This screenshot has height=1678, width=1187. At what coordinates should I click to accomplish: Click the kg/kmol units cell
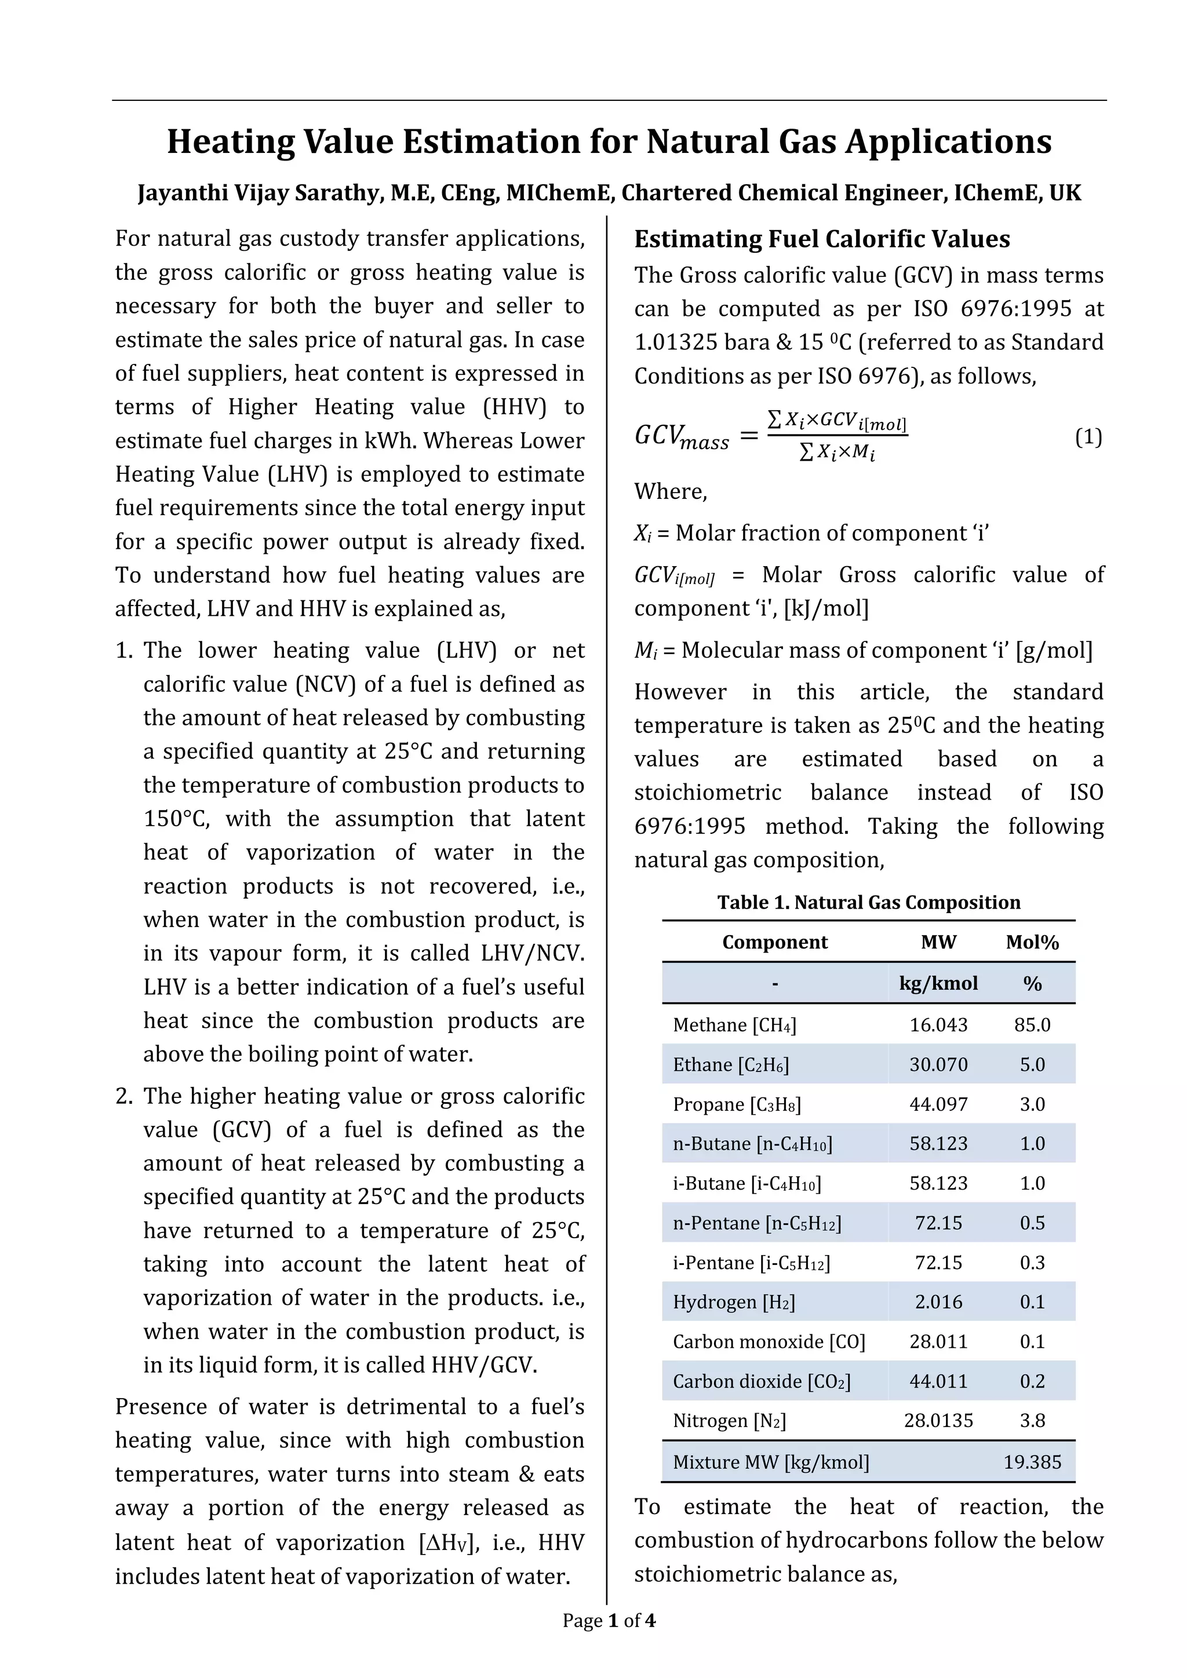click(x=938, y=983)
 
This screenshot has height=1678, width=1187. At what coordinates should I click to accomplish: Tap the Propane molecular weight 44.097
click(x=938, y=1104)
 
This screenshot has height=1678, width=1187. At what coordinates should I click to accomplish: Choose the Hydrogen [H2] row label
click(x=733, y=1301)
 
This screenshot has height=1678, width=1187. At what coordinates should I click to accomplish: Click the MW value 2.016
click(x=938, y=1301)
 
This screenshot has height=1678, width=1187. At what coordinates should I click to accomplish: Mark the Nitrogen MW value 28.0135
click(x=938, y=1420)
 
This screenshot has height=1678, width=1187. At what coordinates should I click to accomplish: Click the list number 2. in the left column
click(x=124, y=1096)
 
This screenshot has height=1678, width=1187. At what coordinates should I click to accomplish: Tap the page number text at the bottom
click(x=608, y=1620)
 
